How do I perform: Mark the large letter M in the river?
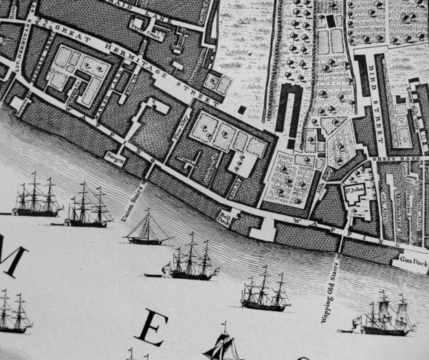12,260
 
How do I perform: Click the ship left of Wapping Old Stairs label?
264,291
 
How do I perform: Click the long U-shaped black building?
291,114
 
